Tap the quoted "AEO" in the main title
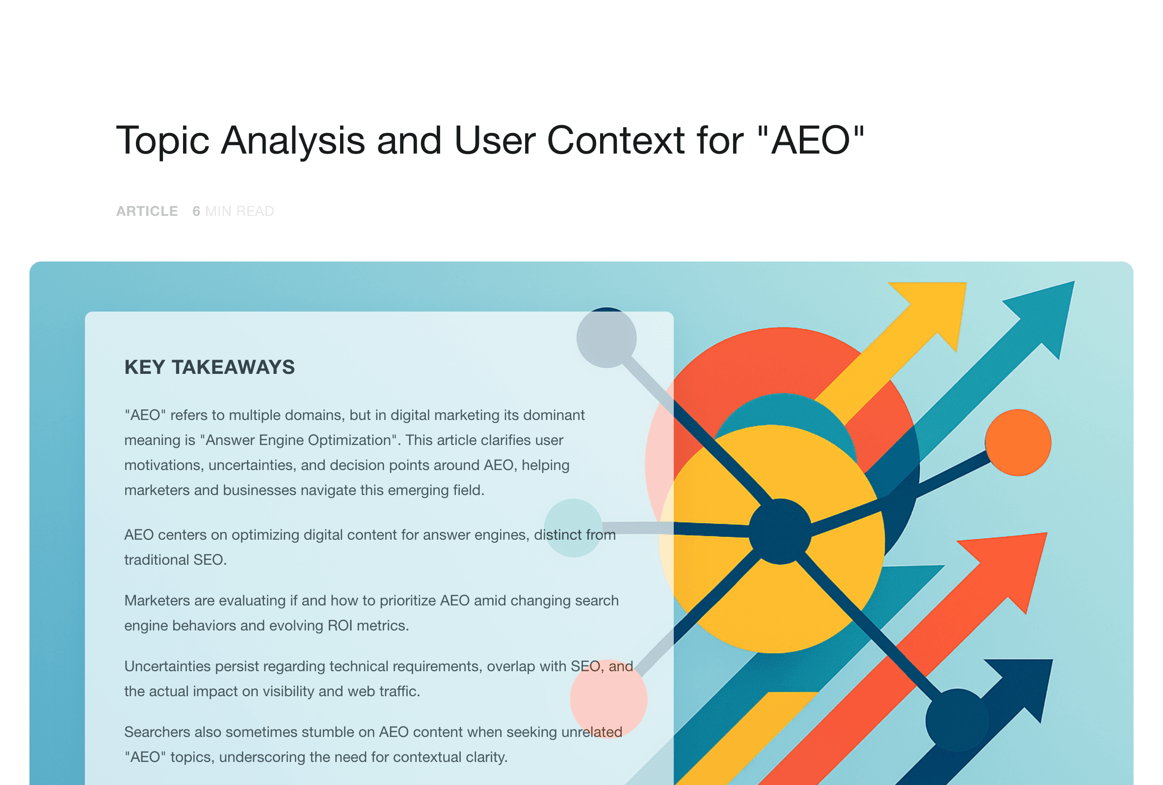click(x=811, y=140)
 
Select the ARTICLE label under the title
click(x=147, y=211)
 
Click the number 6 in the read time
click(x=196, y=211)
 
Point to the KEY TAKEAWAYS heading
click(x=210, y=367)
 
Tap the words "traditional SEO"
click(x=175, y=560)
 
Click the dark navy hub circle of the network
click(x=780, y=531)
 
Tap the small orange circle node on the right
click(x=1017, y=442)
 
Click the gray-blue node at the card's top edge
click(x=607, y=338)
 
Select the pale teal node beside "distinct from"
click(x=573, y=528)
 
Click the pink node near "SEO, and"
click(x=608, y=699)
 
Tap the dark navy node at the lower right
click(x=957, y=720)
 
